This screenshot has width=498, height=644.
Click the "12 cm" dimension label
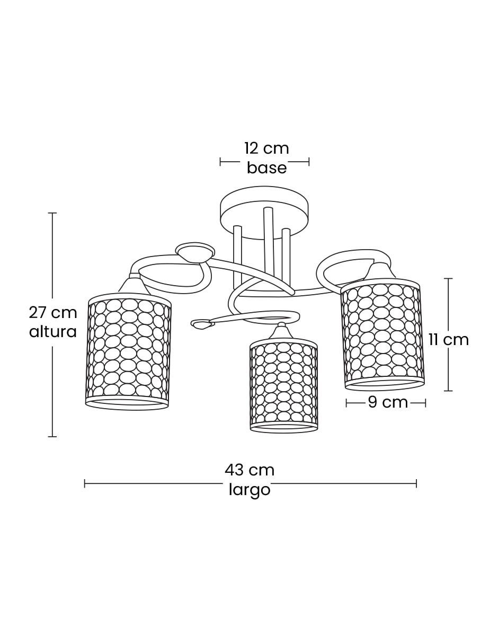266,148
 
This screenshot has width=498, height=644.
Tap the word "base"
267,168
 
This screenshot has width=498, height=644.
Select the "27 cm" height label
53,313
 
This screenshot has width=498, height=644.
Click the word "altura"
53,332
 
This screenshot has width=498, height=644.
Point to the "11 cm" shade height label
449,340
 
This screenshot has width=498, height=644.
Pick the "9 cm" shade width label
388,402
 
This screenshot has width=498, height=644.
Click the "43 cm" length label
250,470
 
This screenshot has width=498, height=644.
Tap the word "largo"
250,490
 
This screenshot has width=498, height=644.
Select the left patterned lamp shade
128,352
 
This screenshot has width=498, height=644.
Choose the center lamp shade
283,386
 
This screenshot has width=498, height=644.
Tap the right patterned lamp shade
383,334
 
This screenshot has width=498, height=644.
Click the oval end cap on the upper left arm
195,252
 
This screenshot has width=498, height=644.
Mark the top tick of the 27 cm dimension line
52,213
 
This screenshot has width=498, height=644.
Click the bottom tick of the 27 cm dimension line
52,437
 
